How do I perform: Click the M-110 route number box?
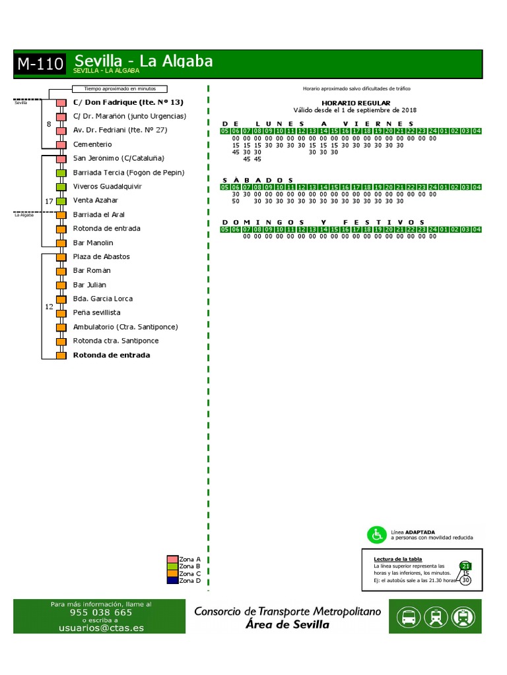click(40, 64)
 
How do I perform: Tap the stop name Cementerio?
click(92, 144)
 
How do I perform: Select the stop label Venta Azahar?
click(96, 200)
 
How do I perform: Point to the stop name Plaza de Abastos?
click(101, 256)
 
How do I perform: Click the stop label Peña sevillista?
click(96, 312)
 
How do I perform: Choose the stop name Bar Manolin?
click(93, 243)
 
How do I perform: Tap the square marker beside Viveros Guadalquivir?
click(61, 187)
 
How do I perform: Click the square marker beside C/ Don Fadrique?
click(61, 103)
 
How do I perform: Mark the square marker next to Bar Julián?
click(61, 285)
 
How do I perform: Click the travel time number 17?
click(48, 201)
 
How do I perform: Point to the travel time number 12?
click(48, 307)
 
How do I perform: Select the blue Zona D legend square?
click(172, 580)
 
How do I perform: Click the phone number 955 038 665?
click(101, 612)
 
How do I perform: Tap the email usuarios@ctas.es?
click(101, 628)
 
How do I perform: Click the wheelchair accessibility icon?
click(377, 535)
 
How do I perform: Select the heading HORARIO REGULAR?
click(356, 103)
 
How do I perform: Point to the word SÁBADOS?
click(257, 179)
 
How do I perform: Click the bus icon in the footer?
click(409, 617)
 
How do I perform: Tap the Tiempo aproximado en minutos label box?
click(119, 89)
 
